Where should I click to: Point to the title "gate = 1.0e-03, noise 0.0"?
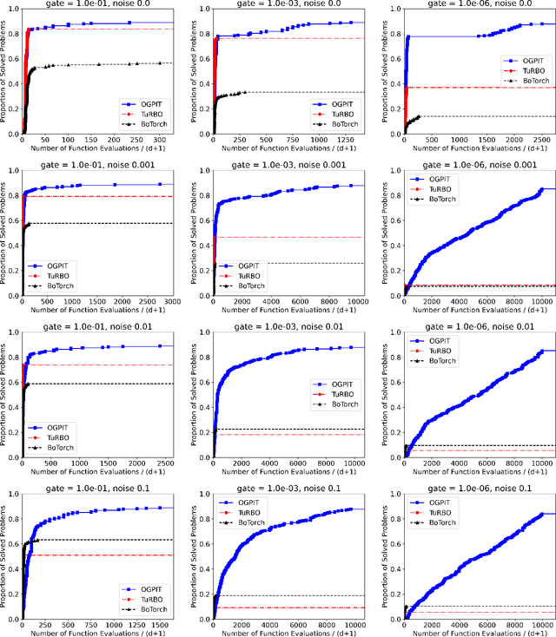point(285,6)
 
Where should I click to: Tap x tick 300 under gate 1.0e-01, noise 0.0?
point(158,140)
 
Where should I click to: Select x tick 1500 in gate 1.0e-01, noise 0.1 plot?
point(162,617)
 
